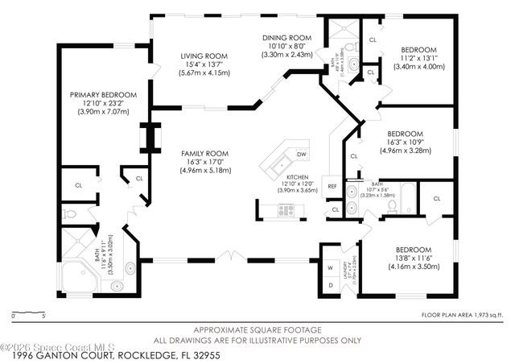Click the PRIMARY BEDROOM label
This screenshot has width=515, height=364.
(x=102, y=95)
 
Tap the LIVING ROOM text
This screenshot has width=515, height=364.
(x=204, y=56)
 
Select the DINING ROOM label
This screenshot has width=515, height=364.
(x=287, y=38)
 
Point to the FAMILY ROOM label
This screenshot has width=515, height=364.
(x=205, y=153)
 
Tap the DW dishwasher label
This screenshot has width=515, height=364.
(x=301, y=154)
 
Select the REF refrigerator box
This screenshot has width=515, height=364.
(x=332, y=186)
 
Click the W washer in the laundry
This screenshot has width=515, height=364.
(x=330, y=267)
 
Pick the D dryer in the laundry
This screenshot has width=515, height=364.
(x=330, y=285)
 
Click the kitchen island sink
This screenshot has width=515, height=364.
(x=280, y=167)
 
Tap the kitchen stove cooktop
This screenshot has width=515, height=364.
(x=286, y=210)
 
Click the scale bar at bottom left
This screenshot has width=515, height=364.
(x=27, y=312)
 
